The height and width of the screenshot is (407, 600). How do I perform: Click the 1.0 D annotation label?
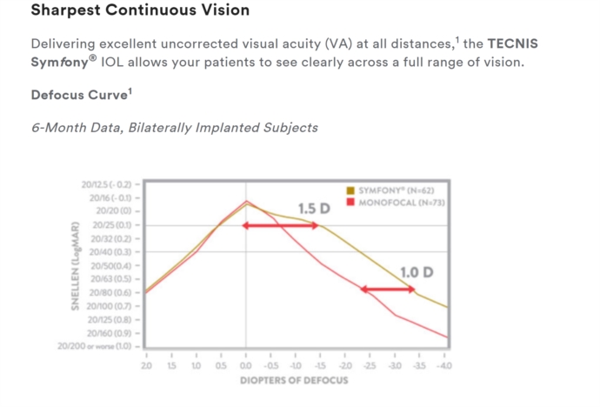click(417, 273)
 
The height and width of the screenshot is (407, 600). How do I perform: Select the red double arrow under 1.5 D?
click(281, 226)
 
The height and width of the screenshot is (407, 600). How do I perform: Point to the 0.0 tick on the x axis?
click(245, 367)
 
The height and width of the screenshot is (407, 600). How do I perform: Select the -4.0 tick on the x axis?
click(446, 367)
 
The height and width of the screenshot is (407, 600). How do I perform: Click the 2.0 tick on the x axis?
click(145, 367)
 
